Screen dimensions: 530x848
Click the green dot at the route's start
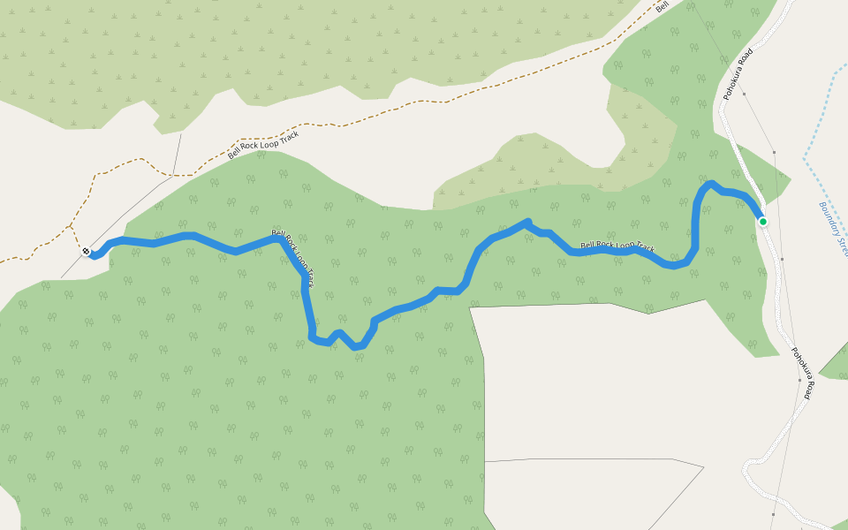click(x=762, y=221)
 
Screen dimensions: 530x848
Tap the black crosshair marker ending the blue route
click(x=87, y=252)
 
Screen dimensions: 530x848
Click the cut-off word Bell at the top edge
click(x=662, y=6)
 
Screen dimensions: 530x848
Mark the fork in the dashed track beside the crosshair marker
click(x=71, y=227)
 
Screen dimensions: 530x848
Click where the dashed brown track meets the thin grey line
click(x=174, y=174)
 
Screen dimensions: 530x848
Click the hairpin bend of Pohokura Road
click(x=749, y=464)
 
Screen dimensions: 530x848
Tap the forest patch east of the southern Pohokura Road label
click(x=836, y=362)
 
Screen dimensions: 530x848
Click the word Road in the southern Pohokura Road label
click(x=806, y=386)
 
